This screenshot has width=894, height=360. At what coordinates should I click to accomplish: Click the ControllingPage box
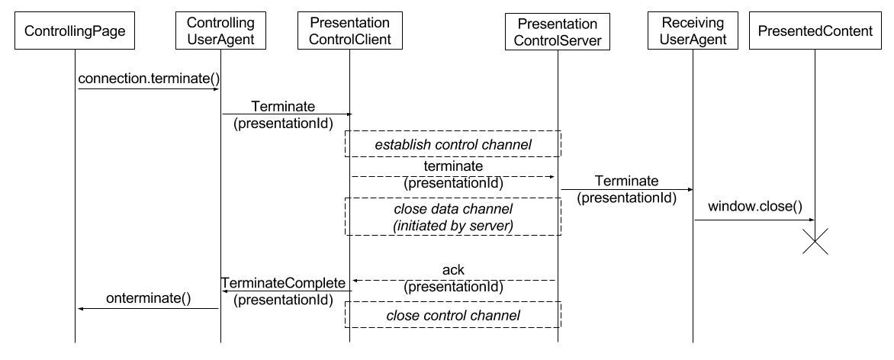tap(75, 31)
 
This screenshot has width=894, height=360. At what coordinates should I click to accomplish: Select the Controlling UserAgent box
tap(220, 31)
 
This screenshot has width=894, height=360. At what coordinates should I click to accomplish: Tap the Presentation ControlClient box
tap(349, 31)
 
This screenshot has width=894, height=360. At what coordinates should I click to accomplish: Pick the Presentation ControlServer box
tap(557, 32)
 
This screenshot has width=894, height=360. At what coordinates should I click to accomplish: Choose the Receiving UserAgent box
tap(693, 31)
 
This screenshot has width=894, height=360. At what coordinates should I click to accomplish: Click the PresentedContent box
tap(815, 31)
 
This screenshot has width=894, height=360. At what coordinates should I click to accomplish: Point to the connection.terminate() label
tap(149, 79)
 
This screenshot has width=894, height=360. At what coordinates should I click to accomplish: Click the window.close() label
tap(755, 207)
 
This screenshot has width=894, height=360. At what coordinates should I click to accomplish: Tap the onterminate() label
tap(148, 297)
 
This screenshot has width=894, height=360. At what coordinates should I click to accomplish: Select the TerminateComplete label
tap(283, 284)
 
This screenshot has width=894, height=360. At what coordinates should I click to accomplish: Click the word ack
tap(453, 269)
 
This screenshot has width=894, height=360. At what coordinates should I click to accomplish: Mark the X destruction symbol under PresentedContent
tap(815, 241)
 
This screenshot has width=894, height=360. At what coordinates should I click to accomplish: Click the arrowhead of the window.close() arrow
tap(812, 220)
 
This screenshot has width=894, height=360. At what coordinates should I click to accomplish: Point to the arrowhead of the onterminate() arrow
tap(81, 309)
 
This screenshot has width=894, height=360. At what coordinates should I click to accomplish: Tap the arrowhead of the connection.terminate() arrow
tap(216, 89)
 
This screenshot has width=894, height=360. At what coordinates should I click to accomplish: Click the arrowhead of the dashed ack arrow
tap(355, 280)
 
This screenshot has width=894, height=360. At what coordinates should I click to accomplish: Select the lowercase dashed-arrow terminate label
tap(453, 166)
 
